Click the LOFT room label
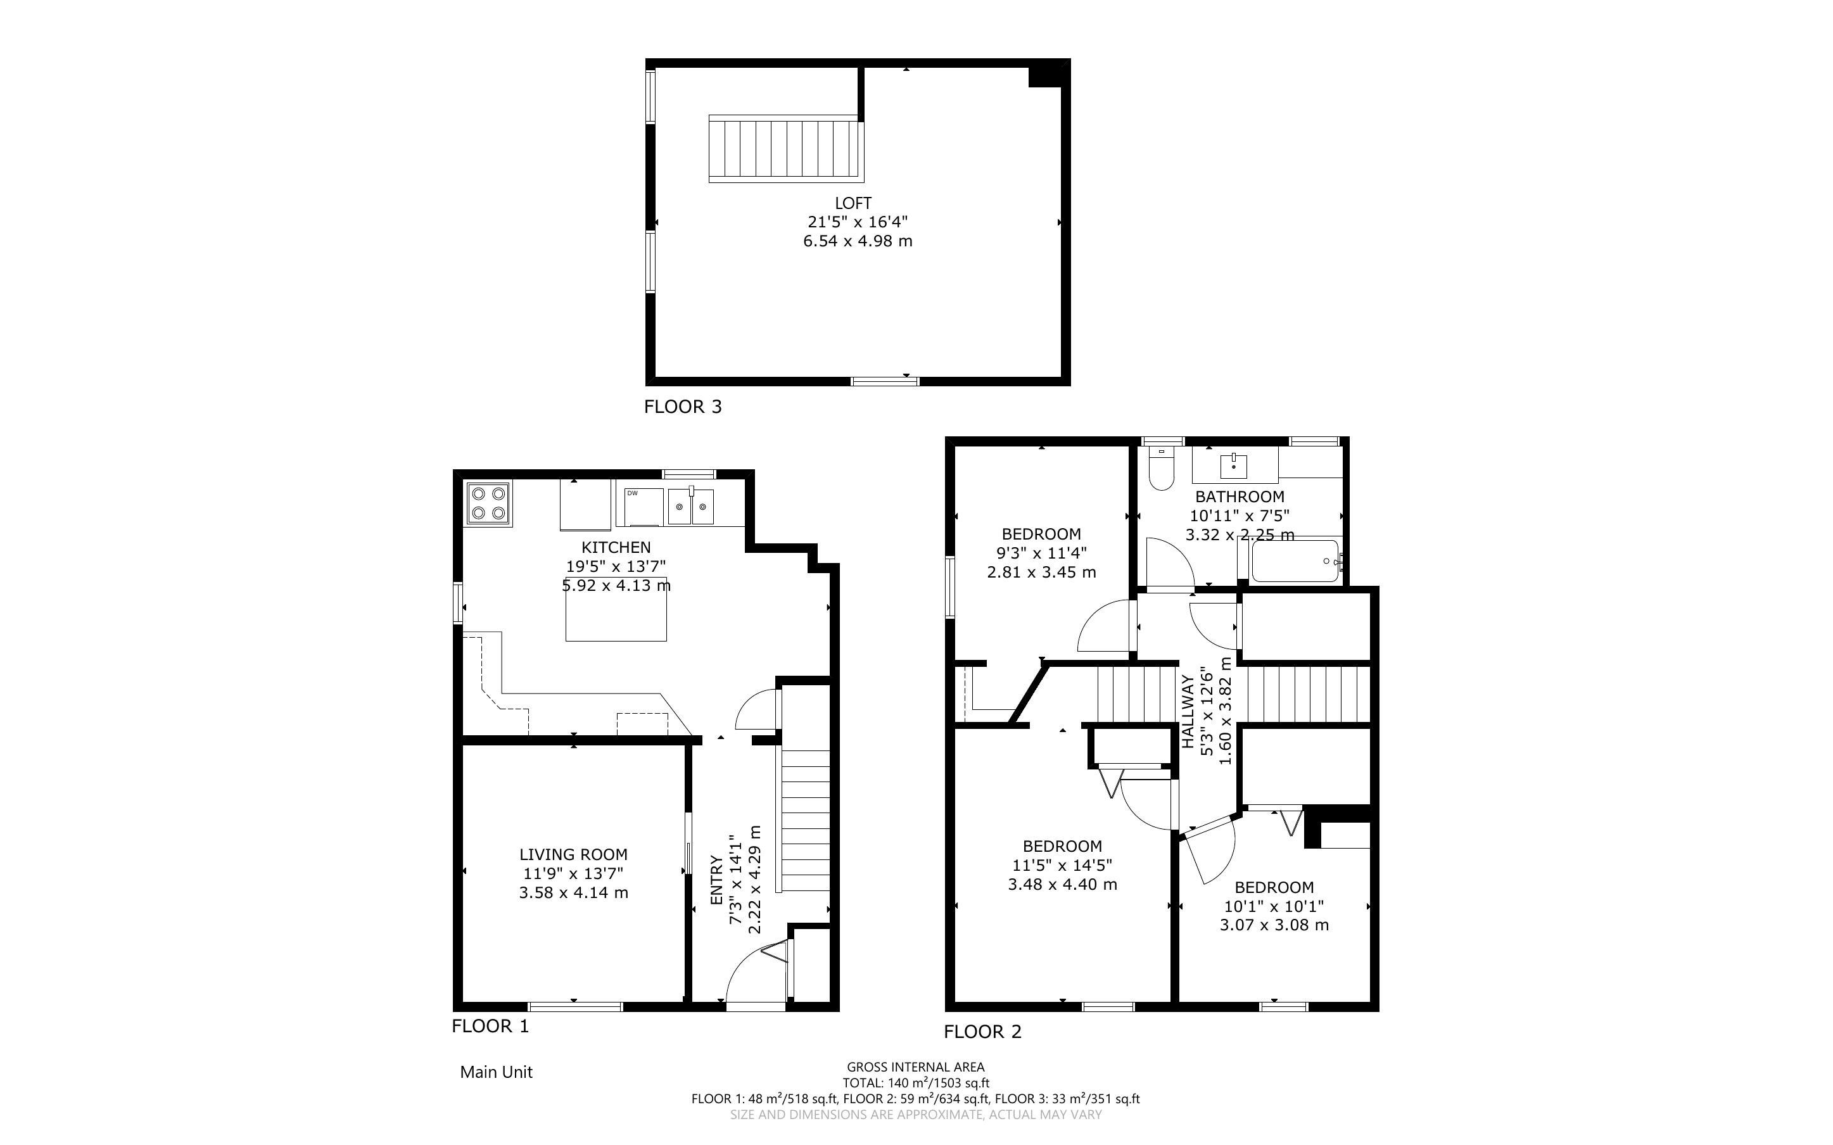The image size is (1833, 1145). (x=853, y=203)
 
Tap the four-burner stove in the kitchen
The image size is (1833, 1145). (x=488, y=503)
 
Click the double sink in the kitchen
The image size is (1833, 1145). (x=691, y=507)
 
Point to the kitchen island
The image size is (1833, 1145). (x=616, y=609)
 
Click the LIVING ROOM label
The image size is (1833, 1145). (x=573, y=854)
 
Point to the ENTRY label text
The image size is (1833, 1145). (x=716, y=880)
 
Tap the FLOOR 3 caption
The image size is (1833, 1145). (x=683, y=407)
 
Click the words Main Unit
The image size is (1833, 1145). (x=497, y=1072)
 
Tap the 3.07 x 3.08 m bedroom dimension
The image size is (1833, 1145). (x=1274, y=925)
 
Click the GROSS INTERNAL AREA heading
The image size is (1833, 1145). (x=915, y=1068)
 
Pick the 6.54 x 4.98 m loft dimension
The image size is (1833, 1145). (x=858, y=241)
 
